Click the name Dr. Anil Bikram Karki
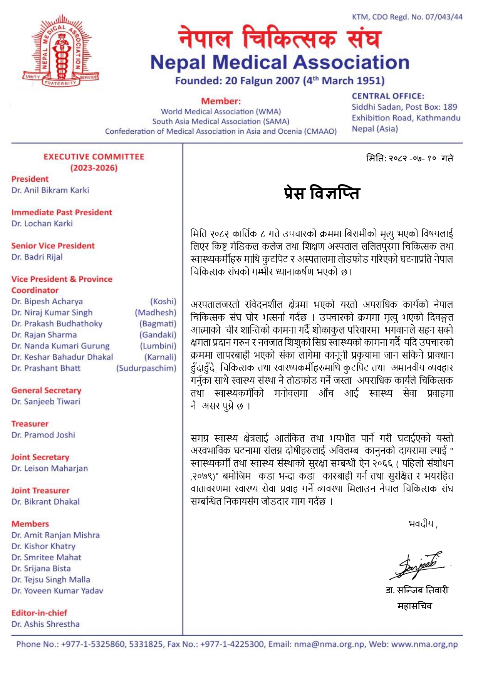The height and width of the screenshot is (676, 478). [x=50, y=190]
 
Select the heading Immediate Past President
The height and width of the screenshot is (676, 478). [x=62, y=212]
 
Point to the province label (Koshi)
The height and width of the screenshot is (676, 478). [x=163, y=301]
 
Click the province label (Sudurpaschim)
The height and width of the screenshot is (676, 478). [x=146, y=368]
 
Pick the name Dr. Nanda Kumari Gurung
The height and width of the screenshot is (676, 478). [x=60, y=346]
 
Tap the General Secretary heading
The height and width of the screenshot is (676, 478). [x=46, y=390]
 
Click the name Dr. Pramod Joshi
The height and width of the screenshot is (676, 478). [x=43, y=435]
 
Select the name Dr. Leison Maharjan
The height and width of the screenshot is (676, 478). [x=50, y=468]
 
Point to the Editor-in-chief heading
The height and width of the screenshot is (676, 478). [x=39, y=613]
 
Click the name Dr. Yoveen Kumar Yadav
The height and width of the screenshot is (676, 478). [x=57, y=590]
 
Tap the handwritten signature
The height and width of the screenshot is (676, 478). [x=418, y=564]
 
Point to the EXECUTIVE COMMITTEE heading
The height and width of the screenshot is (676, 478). [x=94, y=157]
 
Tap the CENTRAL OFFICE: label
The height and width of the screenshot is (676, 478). [x=387, y=96]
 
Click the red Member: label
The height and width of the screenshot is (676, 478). [x=221, y=101]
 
